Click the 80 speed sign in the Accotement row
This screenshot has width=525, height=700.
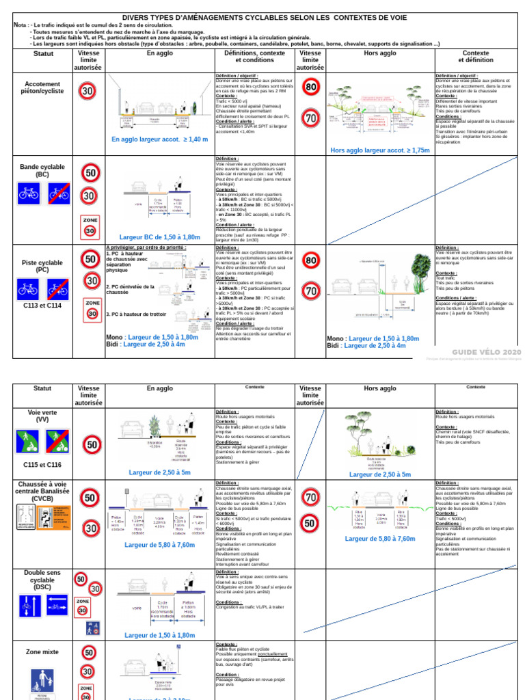pos(311,87)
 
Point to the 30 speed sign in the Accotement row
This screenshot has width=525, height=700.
pos(88,91)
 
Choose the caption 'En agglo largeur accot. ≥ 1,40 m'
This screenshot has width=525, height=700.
pos(159,139)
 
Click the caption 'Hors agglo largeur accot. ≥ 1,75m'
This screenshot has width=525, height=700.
pos(379,150)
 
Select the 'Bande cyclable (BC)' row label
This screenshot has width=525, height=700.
pos(42,170)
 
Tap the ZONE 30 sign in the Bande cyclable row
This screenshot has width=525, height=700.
pos(90,228)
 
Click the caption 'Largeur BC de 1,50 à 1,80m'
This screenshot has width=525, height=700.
pos(160,237)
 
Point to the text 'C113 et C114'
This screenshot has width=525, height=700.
pos(42,306)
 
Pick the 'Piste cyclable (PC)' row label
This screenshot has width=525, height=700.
pos(42,266)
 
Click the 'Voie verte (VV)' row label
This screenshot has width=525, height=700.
pos(42,416)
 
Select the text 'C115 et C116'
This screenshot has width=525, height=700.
pos(42,464)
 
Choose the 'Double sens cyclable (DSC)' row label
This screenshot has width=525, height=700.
pos(42,580)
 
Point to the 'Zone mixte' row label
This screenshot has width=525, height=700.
pos(42,652)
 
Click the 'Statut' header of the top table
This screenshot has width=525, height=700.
pos(42,53)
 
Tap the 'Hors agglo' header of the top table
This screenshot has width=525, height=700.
pos(380,53)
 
